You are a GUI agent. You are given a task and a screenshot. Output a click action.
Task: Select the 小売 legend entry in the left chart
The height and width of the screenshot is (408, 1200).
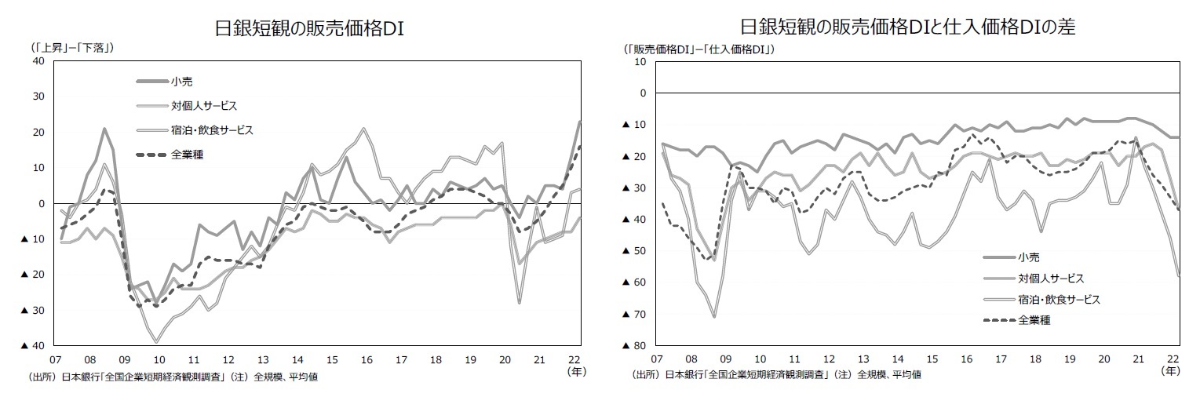182,82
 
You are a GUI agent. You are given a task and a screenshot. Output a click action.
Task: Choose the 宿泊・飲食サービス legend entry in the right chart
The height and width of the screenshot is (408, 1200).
1059,299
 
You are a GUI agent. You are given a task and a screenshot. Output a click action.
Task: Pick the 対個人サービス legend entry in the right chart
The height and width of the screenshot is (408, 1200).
1051,278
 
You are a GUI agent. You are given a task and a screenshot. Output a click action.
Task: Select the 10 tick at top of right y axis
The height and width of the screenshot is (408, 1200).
640,61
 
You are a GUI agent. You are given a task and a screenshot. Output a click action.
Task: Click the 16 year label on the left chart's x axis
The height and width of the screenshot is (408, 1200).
366,359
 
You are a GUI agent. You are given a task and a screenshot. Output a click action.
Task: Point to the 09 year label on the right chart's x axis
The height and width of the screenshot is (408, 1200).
725,359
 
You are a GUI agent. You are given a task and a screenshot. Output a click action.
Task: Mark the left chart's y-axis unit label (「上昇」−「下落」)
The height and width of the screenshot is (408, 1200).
72,46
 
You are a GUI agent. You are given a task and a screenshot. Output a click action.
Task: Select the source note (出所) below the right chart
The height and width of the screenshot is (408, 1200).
775,374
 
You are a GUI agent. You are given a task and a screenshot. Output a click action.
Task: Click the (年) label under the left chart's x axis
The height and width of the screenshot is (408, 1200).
576,371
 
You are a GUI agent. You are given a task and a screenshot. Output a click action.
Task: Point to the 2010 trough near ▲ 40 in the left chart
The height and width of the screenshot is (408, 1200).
156,342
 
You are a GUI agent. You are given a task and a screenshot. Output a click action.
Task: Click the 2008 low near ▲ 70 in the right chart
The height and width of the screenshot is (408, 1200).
713,316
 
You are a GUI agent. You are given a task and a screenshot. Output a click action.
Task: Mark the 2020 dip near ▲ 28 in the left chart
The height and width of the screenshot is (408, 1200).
520,302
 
